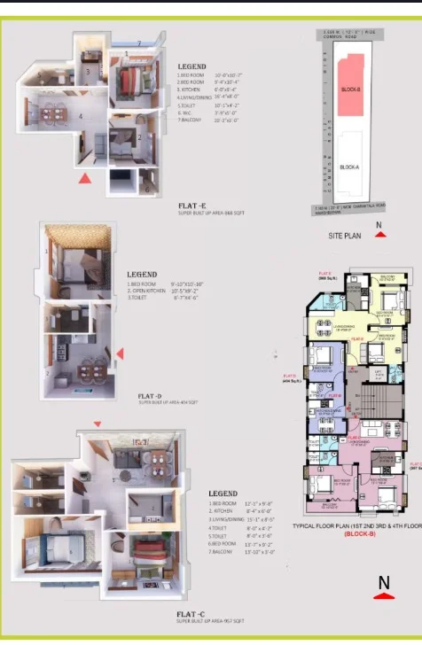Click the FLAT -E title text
pyautogui.click(x=192, y=204)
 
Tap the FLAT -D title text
pyautogui.click(x=151, y=396)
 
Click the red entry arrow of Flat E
pyautogui.click(x=84, y=178)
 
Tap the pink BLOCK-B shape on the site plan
pyautogui.click(x=350, y=87)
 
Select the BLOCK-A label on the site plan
pyautogui.click(x=349, y=167)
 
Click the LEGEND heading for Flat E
pyautogui.click(x=191, y=67)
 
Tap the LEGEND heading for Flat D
pyautogui.click(x=142, y=275)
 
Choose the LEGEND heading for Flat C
pyautogui.click(x=223, y=493)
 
